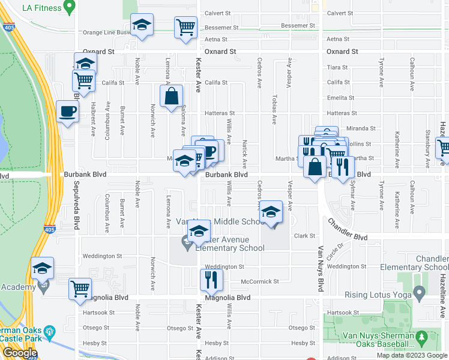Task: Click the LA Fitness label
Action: pyautogui.click(x=41, y=8)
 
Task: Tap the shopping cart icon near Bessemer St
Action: pyautogui.click(x=185, y=27)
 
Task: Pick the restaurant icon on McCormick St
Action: pyautogui.click(x=211, y=279)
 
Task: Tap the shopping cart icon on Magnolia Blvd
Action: pyautogui.click(x=79, y=289)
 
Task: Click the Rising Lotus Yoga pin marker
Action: pyautogui.click(x=420, y=294)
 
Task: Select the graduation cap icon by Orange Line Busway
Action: pyautogui.click(x=142, y=26)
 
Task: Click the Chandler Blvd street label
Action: pyautogui.click(x=348, y=230)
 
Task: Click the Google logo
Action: pyautogui.click(x=20, y=353)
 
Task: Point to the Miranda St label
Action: pyautogui.click(x=361, y=128)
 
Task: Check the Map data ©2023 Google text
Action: pyautogui.click(x=411, y=355)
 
